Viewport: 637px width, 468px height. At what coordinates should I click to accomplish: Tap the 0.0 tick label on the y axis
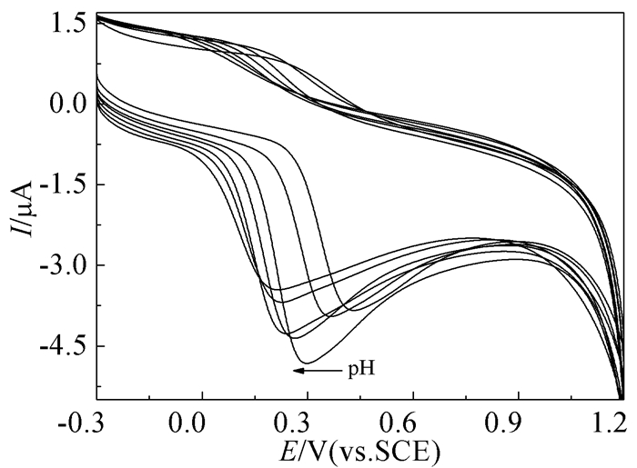click(x=66, y=104)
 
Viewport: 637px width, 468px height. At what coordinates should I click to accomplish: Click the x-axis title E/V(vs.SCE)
click(x=360, y=449)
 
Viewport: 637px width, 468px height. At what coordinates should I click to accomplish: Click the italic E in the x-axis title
click(x=289, y=449)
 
